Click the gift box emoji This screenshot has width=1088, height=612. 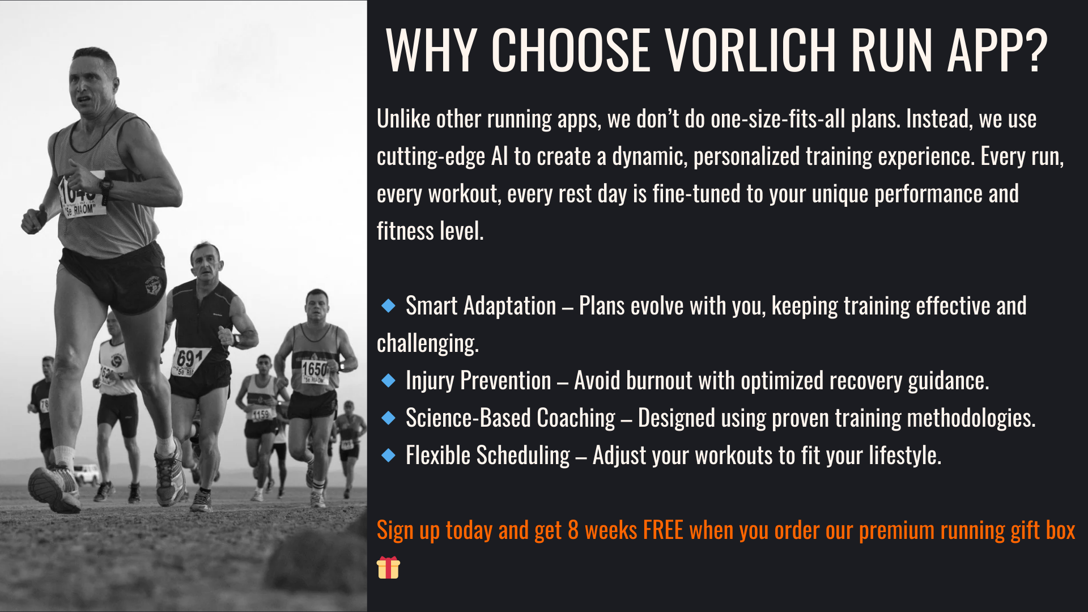(x=388, y=567)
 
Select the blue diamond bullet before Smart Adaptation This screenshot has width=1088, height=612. (x=388, y=306)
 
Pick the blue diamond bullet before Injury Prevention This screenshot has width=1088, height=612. (x=388, y=380)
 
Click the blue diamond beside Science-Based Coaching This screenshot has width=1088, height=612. (x=388, y=418)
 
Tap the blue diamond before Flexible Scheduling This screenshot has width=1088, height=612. (x=388, y=455)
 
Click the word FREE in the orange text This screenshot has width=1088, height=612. (x=663, y=530)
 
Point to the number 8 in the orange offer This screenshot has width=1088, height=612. (x=573, y=530)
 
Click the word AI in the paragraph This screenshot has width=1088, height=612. (x=500, y=156)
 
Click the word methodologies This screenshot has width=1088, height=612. (x=971, y=418)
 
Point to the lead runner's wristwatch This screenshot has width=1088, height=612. (x=106, y=185)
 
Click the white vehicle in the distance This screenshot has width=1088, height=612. (x=87, y=474)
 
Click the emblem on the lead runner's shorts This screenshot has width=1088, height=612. (x=152, y=286)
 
